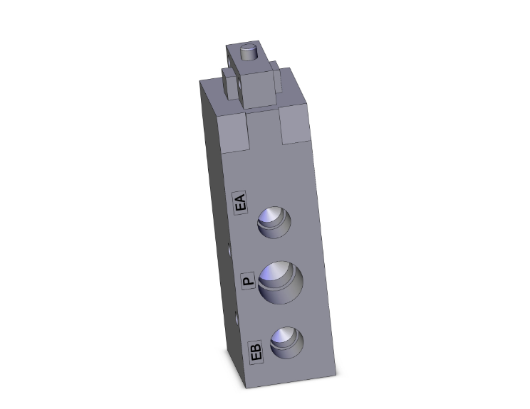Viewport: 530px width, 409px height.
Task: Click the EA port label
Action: point(241,203)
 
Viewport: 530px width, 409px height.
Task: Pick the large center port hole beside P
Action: point(281,280)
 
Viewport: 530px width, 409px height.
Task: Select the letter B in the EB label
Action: point(257,347)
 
